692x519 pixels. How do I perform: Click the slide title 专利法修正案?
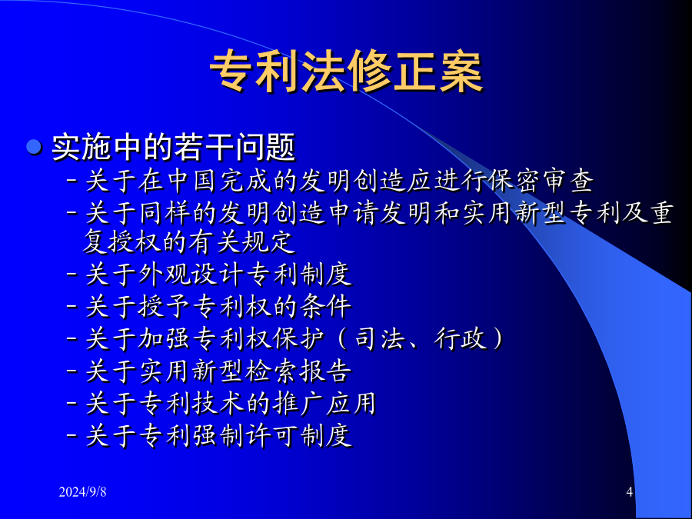[x=346, y=72]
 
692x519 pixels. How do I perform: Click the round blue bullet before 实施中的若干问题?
[x=34, y=147]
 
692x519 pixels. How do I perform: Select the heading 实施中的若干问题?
[x=174, y=147]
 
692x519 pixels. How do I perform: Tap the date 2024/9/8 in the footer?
[x=82, y=491]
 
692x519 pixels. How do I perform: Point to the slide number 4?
[x=630, y=491]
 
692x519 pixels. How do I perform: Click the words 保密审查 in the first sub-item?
[x=541, y=181]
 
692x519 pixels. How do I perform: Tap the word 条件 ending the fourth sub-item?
[x=325, y=306]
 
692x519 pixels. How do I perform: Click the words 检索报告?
[x=299, y=371]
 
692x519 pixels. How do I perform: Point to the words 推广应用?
[x=324, y=403]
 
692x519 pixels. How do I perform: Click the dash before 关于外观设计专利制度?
[x=72, y=274]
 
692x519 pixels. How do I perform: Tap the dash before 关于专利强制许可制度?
[x=72, y=436]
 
